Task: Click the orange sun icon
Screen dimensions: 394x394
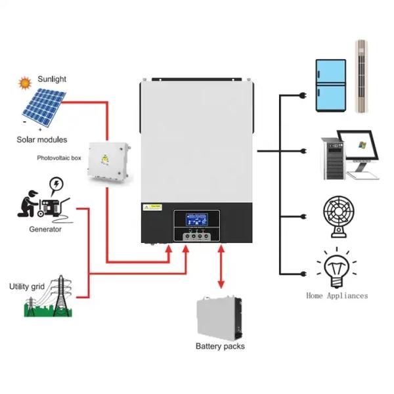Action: (25, 83)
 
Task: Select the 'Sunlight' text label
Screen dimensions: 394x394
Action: (52, 79)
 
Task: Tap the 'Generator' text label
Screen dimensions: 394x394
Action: (45, 229)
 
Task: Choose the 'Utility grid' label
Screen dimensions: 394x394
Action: (27, 286)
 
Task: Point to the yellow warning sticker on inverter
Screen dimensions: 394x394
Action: (154, 208)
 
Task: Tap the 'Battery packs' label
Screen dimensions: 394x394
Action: (220, 346)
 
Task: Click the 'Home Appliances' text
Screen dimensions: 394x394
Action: (337, 296)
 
